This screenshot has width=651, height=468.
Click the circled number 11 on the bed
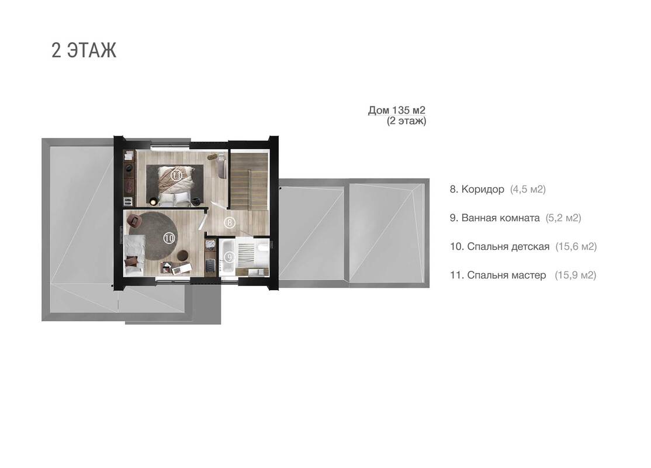coord(177,175)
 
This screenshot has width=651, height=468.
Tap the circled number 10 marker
coord(169,238)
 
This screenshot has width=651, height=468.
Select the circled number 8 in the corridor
coord(230,223)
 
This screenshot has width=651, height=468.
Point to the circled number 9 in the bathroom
coord(229,257)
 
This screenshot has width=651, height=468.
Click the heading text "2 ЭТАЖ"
coord(84,50)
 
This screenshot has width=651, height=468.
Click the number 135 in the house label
coord(401,110)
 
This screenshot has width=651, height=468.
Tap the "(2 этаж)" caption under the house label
coord(407,121)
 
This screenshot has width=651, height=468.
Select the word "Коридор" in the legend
coord(483,190)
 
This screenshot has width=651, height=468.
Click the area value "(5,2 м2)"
coord(563,218)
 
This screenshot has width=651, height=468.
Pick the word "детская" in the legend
coord(530,246)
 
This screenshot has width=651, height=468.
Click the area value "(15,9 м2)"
coord(576,275)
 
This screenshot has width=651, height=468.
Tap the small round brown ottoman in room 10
coord(183,255)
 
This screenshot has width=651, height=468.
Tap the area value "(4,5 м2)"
coord(528,190)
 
